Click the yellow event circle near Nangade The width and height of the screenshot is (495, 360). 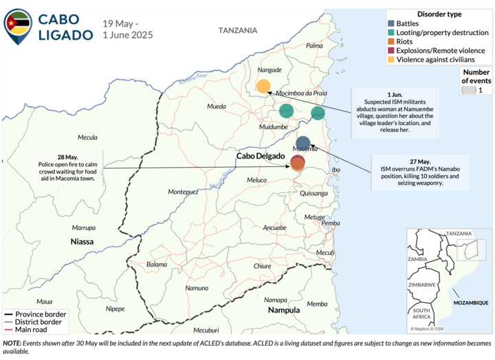tap(263, 86)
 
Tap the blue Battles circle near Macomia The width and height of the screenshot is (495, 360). tap(303, 143)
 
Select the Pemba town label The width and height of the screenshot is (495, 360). tap(331, 223)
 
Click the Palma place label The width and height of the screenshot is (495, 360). tap(314, 45)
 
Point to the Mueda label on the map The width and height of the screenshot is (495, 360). tap(217, 107)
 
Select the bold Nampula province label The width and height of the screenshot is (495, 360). tap(283, 310)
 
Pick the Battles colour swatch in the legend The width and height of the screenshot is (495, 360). tap(391, 23)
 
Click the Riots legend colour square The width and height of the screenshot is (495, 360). tap(391, 41)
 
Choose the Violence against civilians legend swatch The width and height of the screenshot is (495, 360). tap(391, 59)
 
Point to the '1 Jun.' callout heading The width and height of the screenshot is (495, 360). tap(394, 93)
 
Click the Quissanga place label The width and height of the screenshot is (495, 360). tap(314, 194)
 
